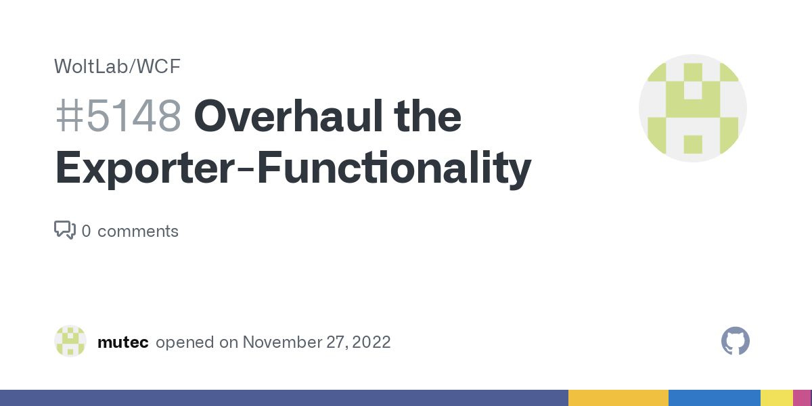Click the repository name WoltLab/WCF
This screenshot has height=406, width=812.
tap(117, 66)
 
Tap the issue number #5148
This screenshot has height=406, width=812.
tap(118, 116)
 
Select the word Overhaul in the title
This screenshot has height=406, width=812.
tap(288, 116)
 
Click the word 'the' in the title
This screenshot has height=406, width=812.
tap(428, 116)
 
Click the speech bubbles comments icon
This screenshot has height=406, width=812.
tap(65, 230)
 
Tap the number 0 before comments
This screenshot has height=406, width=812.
tap(87, 231)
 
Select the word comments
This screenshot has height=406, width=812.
tap(138, 231)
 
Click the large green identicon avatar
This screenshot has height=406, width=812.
tap(693, 108)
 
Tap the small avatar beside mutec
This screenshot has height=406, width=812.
tap(70, 341)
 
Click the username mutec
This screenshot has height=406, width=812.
tap(123, 342)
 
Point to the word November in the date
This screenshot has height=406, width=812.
tap(281, 342)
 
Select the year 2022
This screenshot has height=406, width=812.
tap(371, 342)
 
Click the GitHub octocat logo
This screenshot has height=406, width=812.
tap(736, 341)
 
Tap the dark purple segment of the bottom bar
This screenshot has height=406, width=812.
tap(284, 398)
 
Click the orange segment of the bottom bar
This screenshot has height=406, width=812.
tap(618, 398)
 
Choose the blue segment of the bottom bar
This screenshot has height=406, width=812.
tap(715, 398)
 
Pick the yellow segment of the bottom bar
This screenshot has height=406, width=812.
tap(777, 398)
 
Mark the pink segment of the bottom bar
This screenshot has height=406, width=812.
tap(803, 398)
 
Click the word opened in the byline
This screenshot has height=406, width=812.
tap(185, 342)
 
